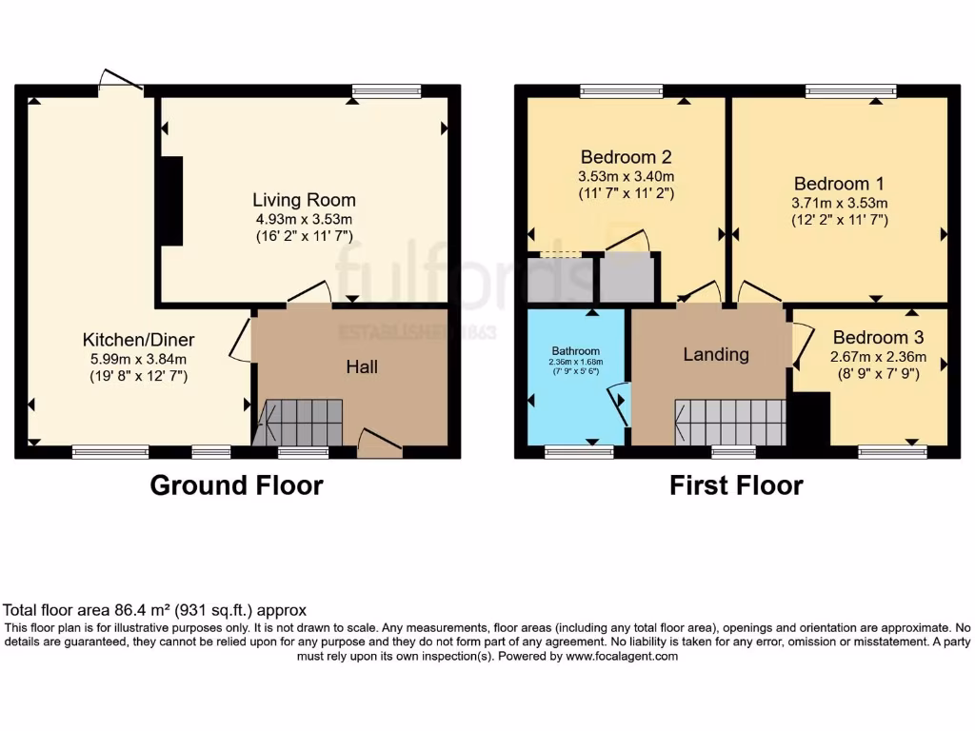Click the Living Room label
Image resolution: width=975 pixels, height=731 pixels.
pyautogui.click(x=304, y=200)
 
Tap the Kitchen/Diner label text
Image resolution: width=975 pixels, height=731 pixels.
pyautogui.click(x=138, y=340)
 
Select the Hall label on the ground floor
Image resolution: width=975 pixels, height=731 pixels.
pyautogui.click(x=362, y=365)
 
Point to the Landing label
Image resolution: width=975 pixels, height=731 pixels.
pyautogui.click(x=716, y=354)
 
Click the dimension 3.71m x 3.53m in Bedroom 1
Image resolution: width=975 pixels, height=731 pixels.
pyautogui.click(x=839, y=203)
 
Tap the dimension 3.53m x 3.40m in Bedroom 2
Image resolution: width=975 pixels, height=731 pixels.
pyautogui.click(x=626, y=177)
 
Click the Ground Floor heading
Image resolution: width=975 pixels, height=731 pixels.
pyautogui.click(x=236, y=485)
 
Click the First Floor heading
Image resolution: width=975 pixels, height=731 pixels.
pyautogui.click(x=736, y=485)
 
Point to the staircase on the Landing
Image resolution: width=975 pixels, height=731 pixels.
pyautogui.click(x=729, y=422)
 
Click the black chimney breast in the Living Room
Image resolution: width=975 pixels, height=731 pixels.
pyautogui.click(x=171, y=201)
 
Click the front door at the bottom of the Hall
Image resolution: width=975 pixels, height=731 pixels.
pyautogui.click(x=380, y=444)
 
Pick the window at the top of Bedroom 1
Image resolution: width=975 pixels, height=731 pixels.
pyautogui.click(x=839, y=92)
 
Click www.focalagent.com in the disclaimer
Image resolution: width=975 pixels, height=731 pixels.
pyautogui.click(x=622, y=657)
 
